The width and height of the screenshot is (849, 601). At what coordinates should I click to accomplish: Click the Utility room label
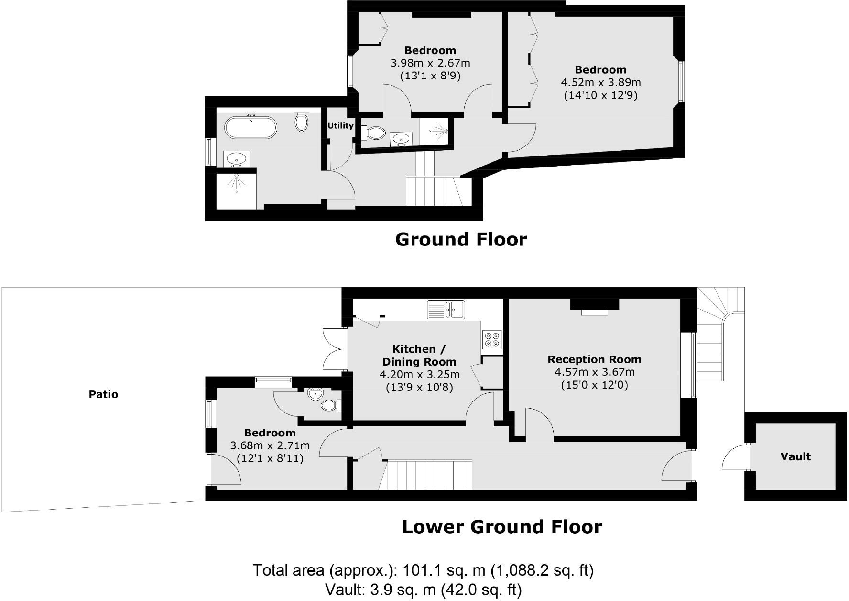point(340,126)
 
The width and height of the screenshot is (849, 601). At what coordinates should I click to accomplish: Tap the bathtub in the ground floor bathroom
point(250,127)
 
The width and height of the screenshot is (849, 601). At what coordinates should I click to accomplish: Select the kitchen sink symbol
point(446,309)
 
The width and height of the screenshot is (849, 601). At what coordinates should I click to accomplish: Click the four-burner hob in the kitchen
point(492,339)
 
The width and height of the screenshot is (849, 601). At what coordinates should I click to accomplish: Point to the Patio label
point(103,394)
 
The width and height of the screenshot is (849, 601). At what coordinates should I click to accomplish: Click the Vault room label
point(795,456)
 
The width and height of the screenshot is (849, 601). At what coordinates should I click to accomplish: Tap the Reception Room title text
point(594,359)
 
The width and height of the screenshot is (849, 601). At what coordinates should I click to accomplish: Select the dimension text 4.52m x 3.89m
point(600,82)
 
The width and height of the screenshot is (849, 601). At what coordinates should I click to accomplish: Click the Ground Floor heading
point(461,239)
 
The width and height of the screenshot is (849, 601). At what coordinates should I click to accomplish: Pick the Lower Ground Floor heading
point(501,527)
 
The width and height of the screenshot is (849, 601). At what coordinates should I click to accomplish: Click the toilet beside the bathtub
point(301,122)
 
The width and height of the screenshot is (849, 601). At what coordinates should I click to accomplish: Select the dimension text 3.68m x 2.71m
point(270,445)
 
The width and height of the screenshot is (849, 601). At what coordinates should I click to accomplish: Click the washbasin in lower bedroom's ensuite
point(315,395)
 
